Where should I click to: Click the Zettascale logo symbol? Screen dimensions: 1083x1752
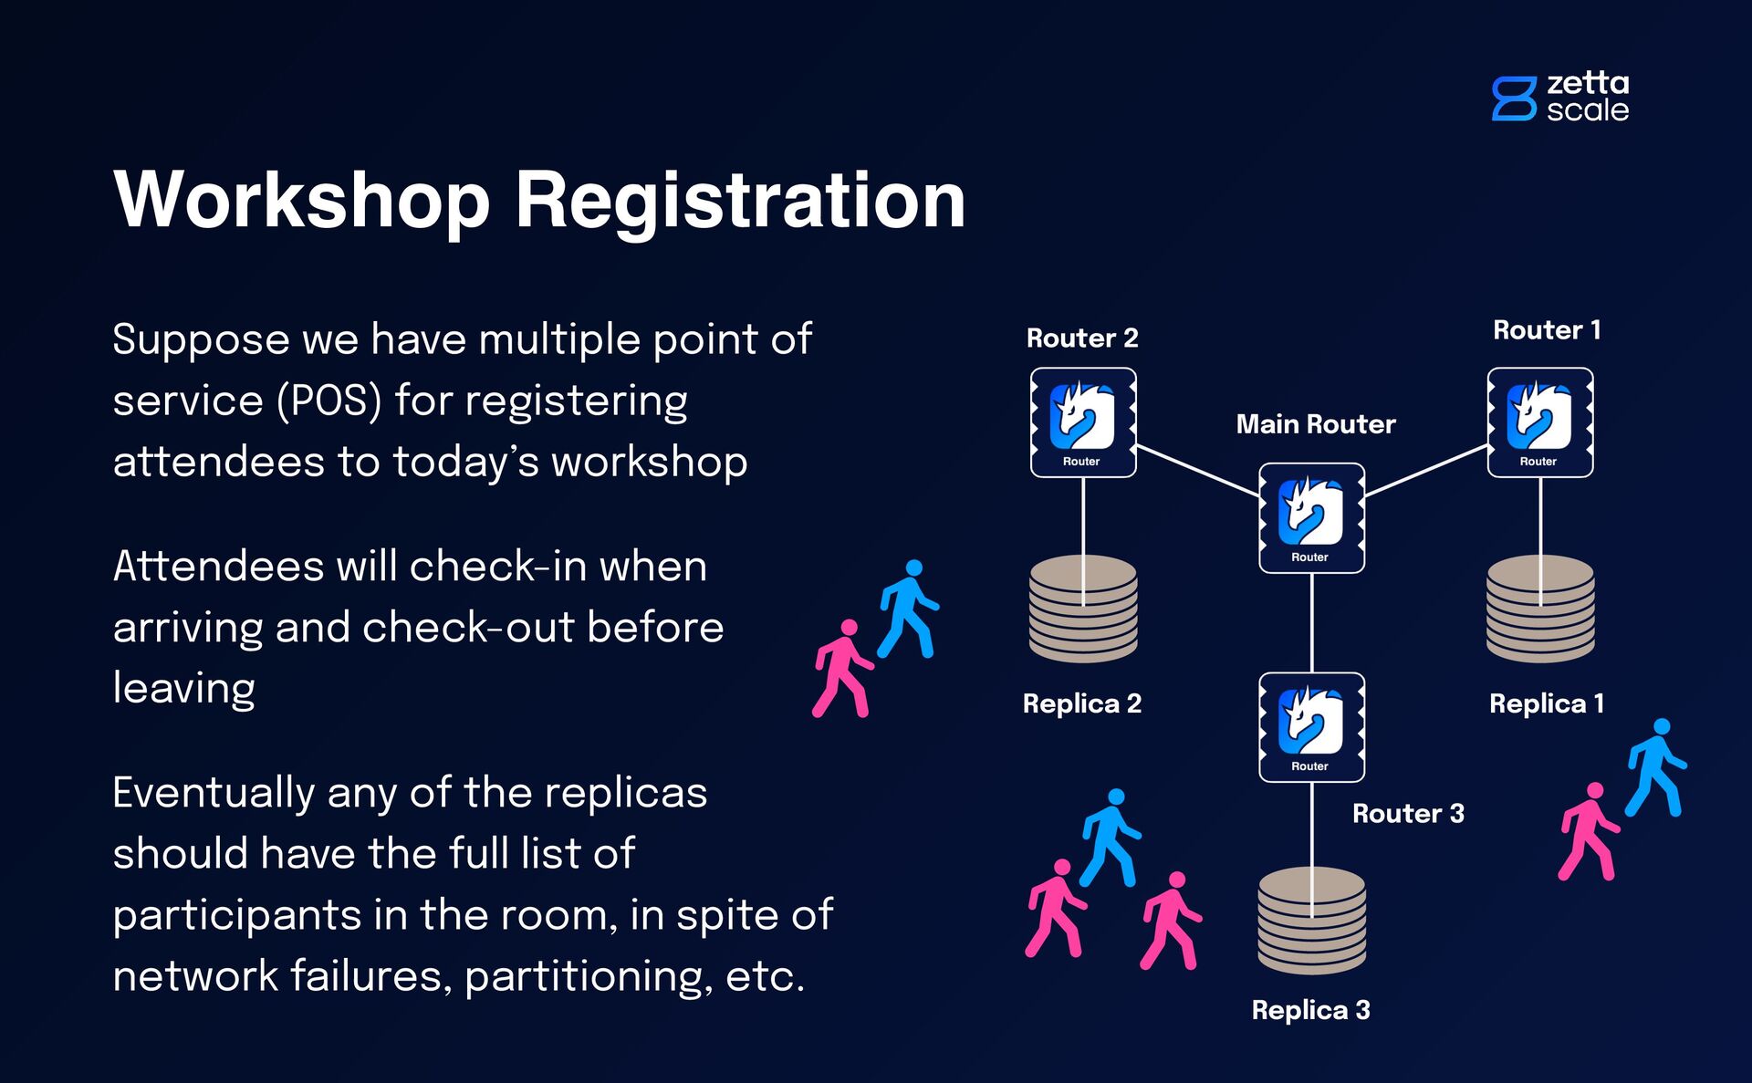point(1514,99)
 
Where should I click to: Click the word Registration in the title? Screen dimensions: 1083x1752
point(740,201)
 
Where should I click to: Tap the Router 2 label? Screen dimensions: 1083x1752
point(1082,338)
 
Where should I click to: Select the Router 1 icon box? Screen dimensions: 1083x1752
point(1540,422)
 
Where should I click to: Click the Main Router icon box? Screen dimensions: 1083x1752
point(1311,518)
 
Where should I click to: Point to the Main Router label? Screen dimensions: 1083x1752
point(1315,424)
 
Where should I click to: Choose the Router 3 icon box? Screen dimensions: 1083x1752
point(1311,727)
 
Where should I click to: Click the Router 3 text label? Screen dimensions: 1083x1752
point(1408,814)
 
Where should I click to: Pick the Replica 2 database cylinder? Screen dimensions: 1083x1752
point(1083,609)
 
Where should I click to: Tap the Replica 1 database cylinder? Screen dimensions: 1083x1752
point(1540,609)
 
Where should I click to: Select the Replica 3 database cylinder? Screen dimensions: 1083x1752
point(1311,922)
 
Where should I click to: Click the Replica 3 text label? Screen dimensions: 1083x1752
point(1310,1010)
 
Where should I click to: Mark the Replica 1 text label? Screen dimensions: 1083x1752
point(1547,703)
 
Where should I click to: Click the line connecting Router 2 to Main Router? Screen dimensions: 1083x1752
point(1197,471)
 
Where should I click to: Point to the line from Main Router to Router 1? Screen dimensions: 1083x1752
point(1426,471)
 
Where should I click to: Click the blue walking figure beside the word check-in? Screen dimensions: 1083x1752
point(907,609)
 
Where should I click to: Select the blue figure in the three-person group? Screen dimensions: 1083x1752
point(1110,838)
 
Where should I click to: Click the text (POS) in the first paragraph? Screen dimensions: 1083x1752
point(329,401)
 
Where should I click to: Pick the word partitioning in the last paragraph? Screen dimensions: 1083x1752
point(589,976)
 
